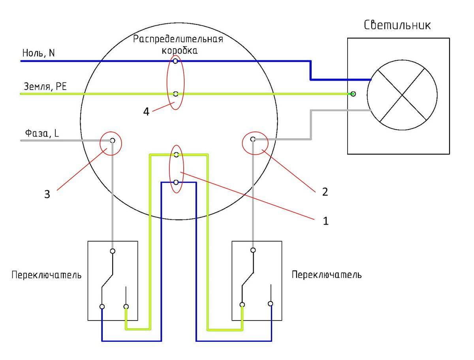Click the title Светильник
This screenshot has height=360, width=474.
[x=397, y=26]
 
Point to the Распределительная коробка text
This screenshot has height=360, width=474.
[x=178, y=45]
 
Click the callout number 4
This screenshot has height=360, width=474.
[x=147, y=112]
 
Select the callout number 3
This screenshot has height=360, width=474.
[x=47, y=195]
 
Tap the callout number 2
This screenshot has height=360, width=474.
[x=325, y=192]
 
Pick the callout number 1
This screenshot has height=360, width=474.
[x=325, y=221]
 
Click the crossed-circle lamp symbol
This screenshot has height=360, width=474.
[x=402, y=95]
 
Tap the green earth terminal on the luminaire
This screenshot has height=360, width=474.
[x=353, y=94]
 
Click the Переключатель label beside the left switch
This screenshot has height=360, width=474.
[x=47, y=275]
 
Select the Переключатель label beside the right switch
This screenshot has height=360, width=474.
[x=326, y=274]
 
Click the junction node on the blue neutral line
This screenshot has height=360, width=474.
[x=175, y=61]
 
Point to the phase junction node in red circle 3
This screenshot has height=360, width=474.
[x=113, y=141]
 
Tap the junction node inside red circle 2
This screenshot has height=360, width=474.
[x=253, y=139]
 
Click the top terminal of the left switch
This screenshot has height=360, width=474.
[x=113, y=251]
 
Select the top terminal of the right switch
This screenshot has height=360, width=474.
[x=253, y=250]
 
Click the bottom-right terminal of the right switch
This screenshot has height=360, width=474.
[x=271, y=304]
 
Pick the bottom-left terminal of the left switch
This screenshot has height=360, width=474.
[x=102, y=307]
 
